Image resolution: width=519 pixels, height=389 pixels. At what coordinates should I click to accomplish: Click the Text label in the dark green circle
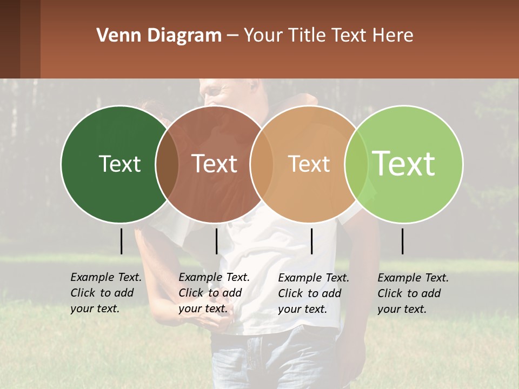[119, 164]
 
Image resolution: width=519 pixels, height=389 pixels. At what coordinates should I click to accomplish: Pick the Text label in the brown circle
[215, 164]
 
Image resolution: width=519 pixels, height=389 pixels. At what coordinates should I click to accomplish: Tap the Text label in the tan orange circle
[309, 164]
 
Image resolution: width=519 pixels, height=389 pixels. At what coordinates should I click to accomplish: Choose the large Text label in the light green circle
[404, 163]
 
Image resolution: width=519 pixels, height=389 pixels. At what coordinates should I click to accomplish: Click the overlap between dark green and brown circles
[167, 164]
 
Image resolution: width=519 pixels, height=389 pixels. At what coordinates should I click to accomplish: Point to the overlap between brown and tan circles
[262, 164]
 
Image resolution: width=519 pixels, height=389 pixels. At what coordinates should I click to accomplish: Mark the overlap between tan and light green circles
[356, 164]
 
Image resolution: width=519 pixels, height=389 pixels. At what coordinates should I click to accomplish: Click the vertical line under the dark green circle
[121, 241]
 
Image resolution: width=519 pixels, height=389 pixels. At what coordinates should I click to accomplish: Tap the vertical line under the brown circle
[216, 241]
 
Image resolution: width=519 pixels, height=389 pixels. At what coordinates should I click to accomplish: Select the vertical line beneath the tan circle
[311, 241]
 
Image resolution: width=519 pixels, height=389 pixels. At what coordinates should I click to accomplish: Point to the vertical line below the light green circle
[402, 241]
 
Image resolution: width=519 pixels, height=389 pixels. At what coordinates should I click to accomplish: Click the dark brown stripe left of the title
[20, 39]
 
